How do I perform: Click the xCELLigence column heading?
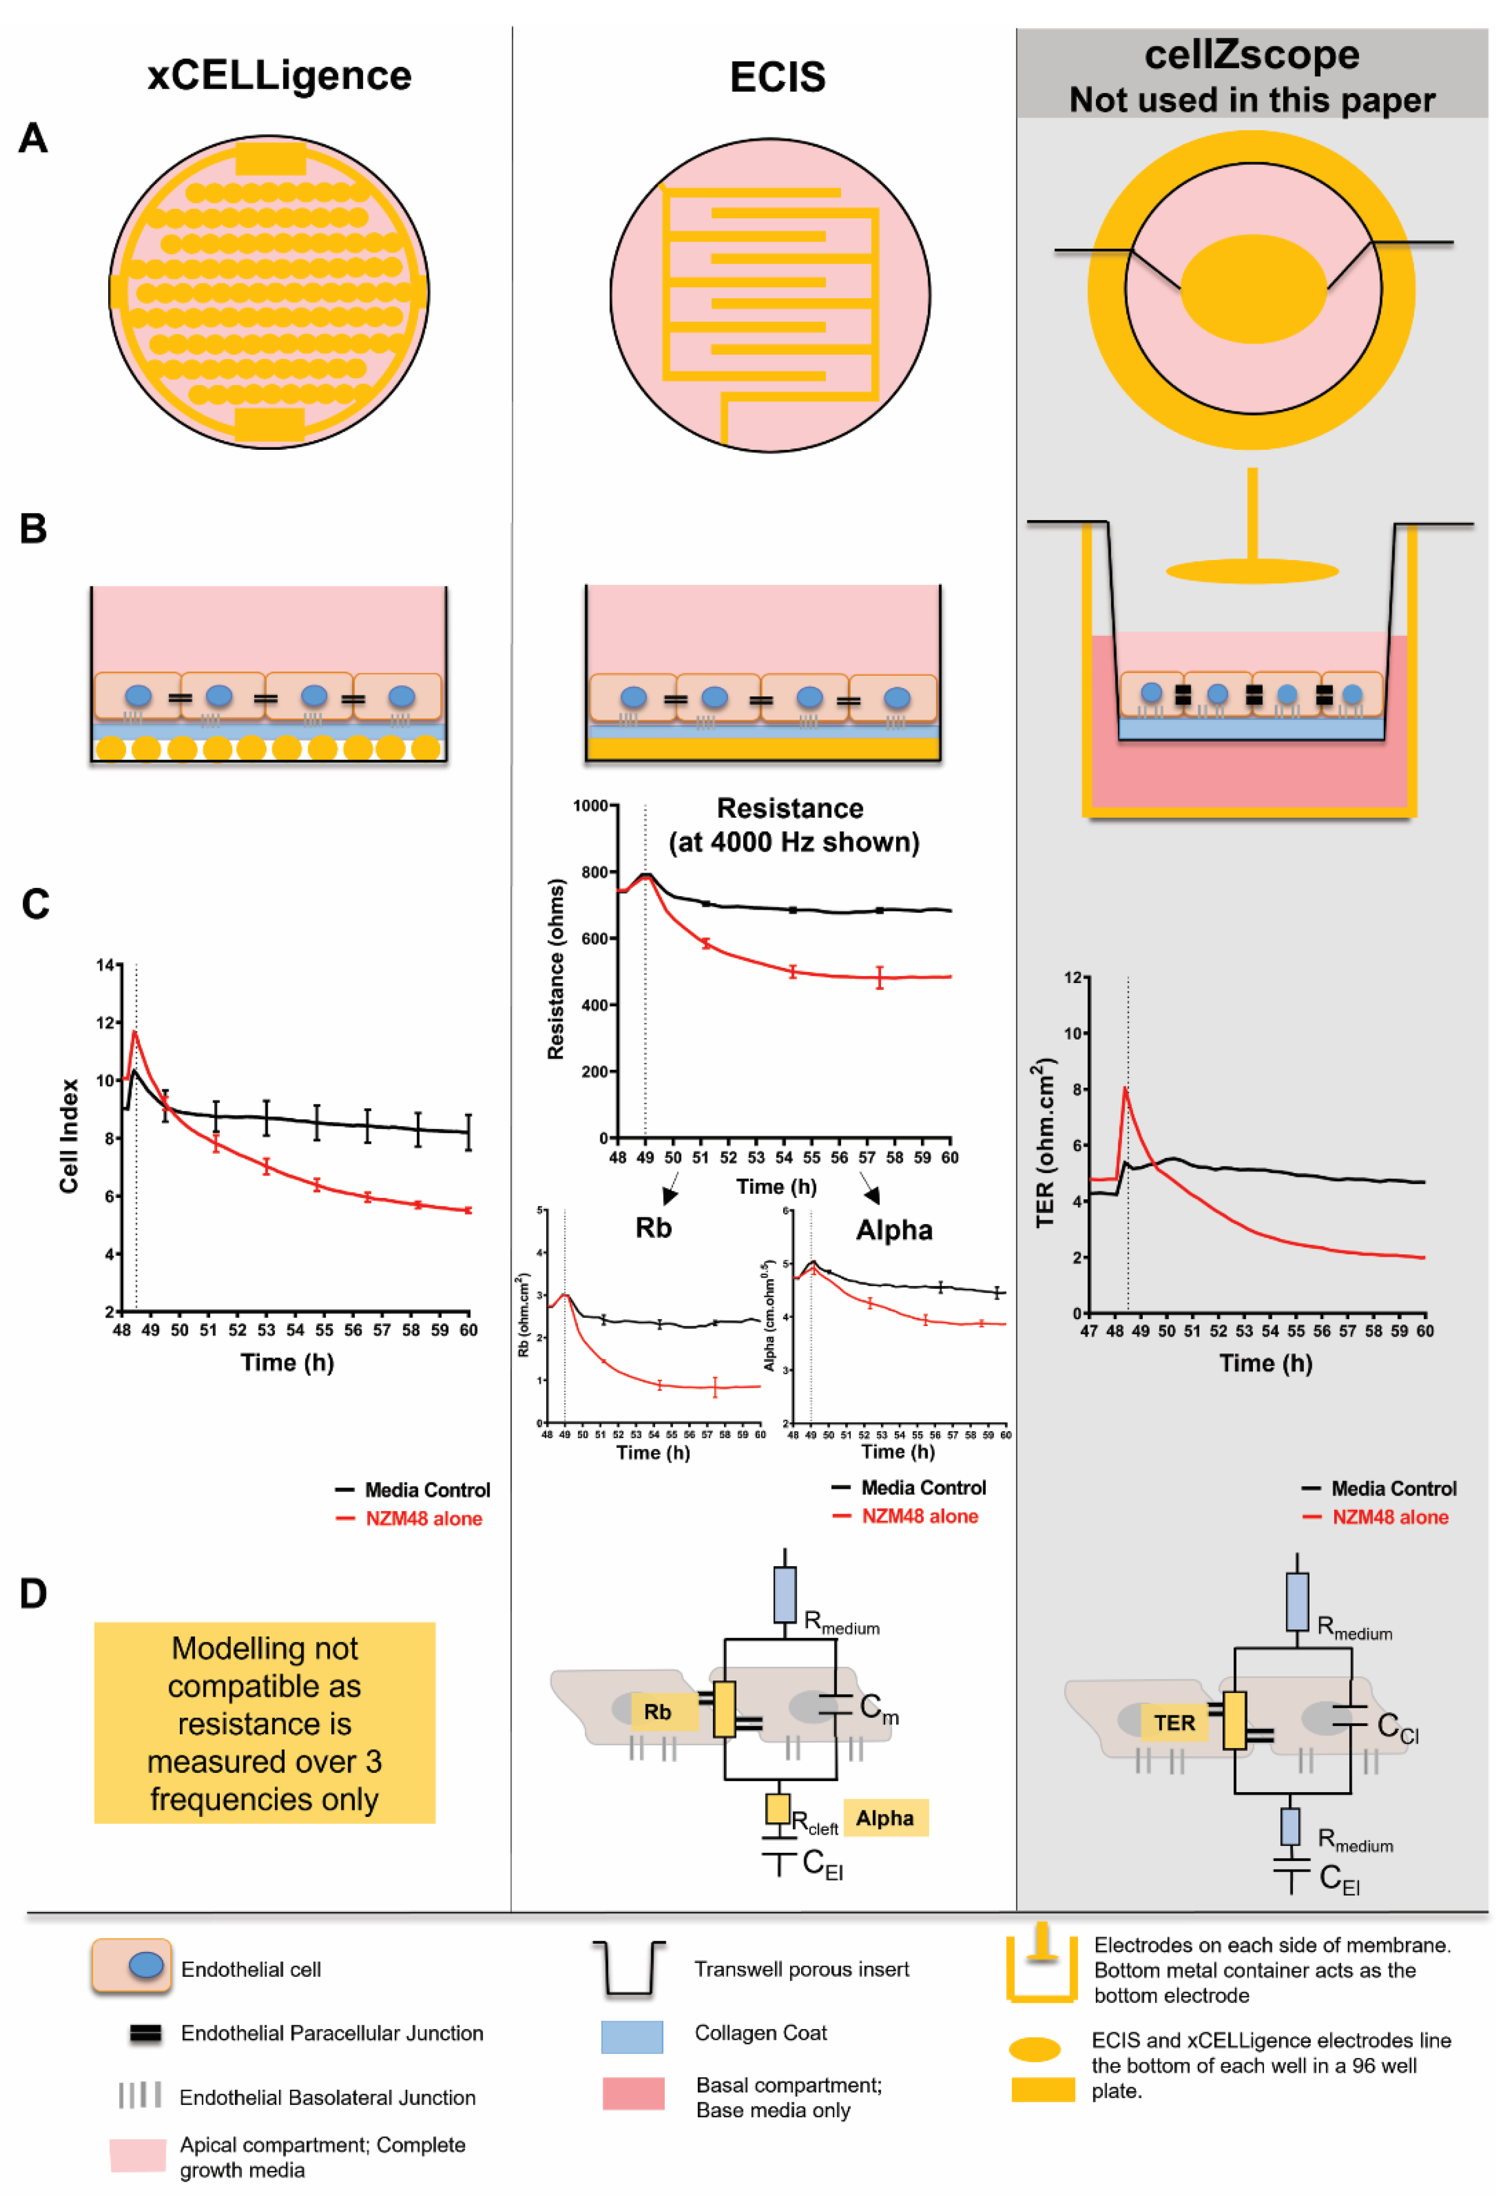point(279,76)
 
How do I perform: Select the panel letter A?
point(33,139)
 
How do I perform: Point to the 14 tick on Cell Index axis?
point(105,965)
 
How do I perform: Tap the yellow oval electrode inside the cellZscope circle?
point(1252,288)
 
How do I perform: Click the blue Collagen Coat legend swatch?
point(632,2036)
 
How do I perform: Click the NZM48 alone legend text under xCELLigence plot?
point(423,1518)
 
